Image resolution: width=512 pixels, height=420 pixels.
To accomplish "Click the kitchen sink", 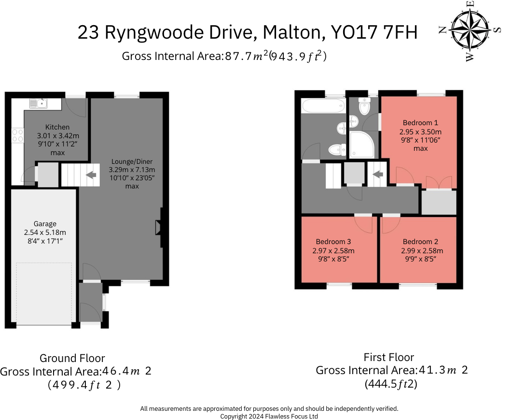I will [x=38, y=103].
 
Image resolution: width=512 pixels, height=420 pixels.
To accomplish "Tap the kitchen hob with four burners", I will [x=17, y=135].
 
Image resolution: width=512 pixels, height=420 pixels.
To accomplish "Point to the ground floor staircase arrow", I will [x=90, y=175].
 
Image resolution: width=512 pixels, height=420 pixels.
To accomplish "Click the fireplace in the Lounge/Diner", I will [x=159, y=228].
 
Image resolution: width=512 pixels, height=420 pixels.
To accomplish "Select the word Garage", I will [x=45, y=224].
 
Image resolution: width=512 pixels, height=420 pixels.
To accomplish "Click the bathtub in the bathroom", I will [x=322, y=106].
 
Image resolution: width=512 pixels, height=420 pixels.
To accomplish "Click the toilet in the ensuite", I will [x=364, y=104].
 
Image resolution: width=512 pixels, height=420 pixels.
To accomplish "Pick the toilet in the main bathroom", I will [x=336, y=150].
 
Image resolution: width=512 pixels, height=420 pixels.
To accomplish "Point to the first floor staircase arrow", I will [x=378, y=174].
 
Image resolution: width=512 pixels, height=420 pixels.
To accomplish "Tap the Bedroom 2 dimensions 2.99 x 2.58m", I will [x=422, y=251].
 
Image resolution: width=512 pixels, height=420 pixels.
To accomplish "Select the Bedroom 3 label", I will [x=333, y=242].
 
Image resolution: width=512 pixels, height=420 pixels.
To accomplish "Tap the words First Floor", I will [x=388, y=357].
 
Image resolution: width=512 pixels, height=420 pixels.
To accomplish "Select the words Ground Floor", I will [x=72, y=358].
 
